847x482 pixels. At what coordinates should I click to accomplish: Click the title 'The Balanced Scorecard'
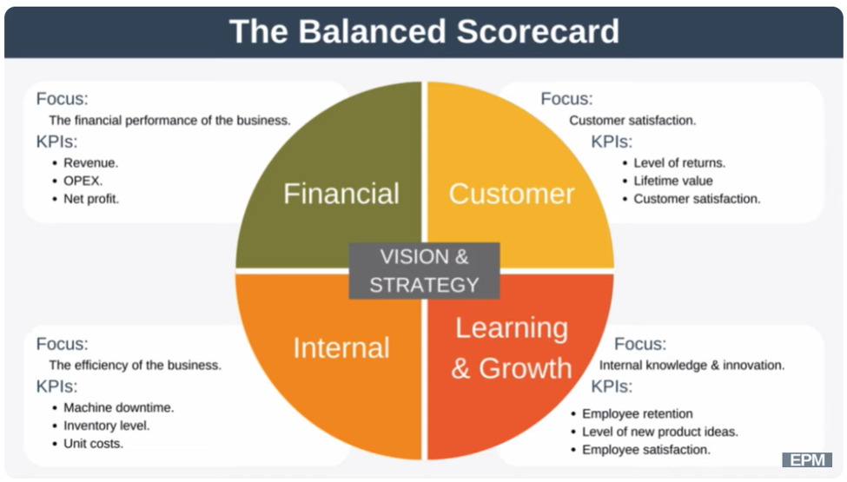[x=424, y=31]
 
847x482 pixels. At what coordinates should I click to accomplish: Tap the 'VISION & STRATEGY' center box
[x=424, y=270]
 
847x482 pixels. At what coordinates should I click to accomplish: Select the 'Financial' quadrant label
[x=341, y=193]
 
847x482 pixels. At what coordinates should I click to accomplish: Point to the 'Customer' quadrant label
[x=512, y=194]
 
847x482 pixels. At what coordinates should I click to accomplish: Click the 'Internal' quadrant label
[x=341, y=347]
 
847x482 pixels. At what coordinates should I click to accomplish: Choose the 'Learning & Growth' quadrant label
[x=512, y=348]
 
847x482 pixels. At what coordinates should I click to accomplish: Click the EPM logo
[x=807, y=460]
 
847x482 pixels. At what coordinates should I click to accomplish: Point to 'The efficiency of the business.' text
[x=135, y=365]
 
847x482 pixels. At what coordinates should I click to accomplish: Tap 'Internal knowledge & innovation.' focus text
[x=692, y=365]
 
